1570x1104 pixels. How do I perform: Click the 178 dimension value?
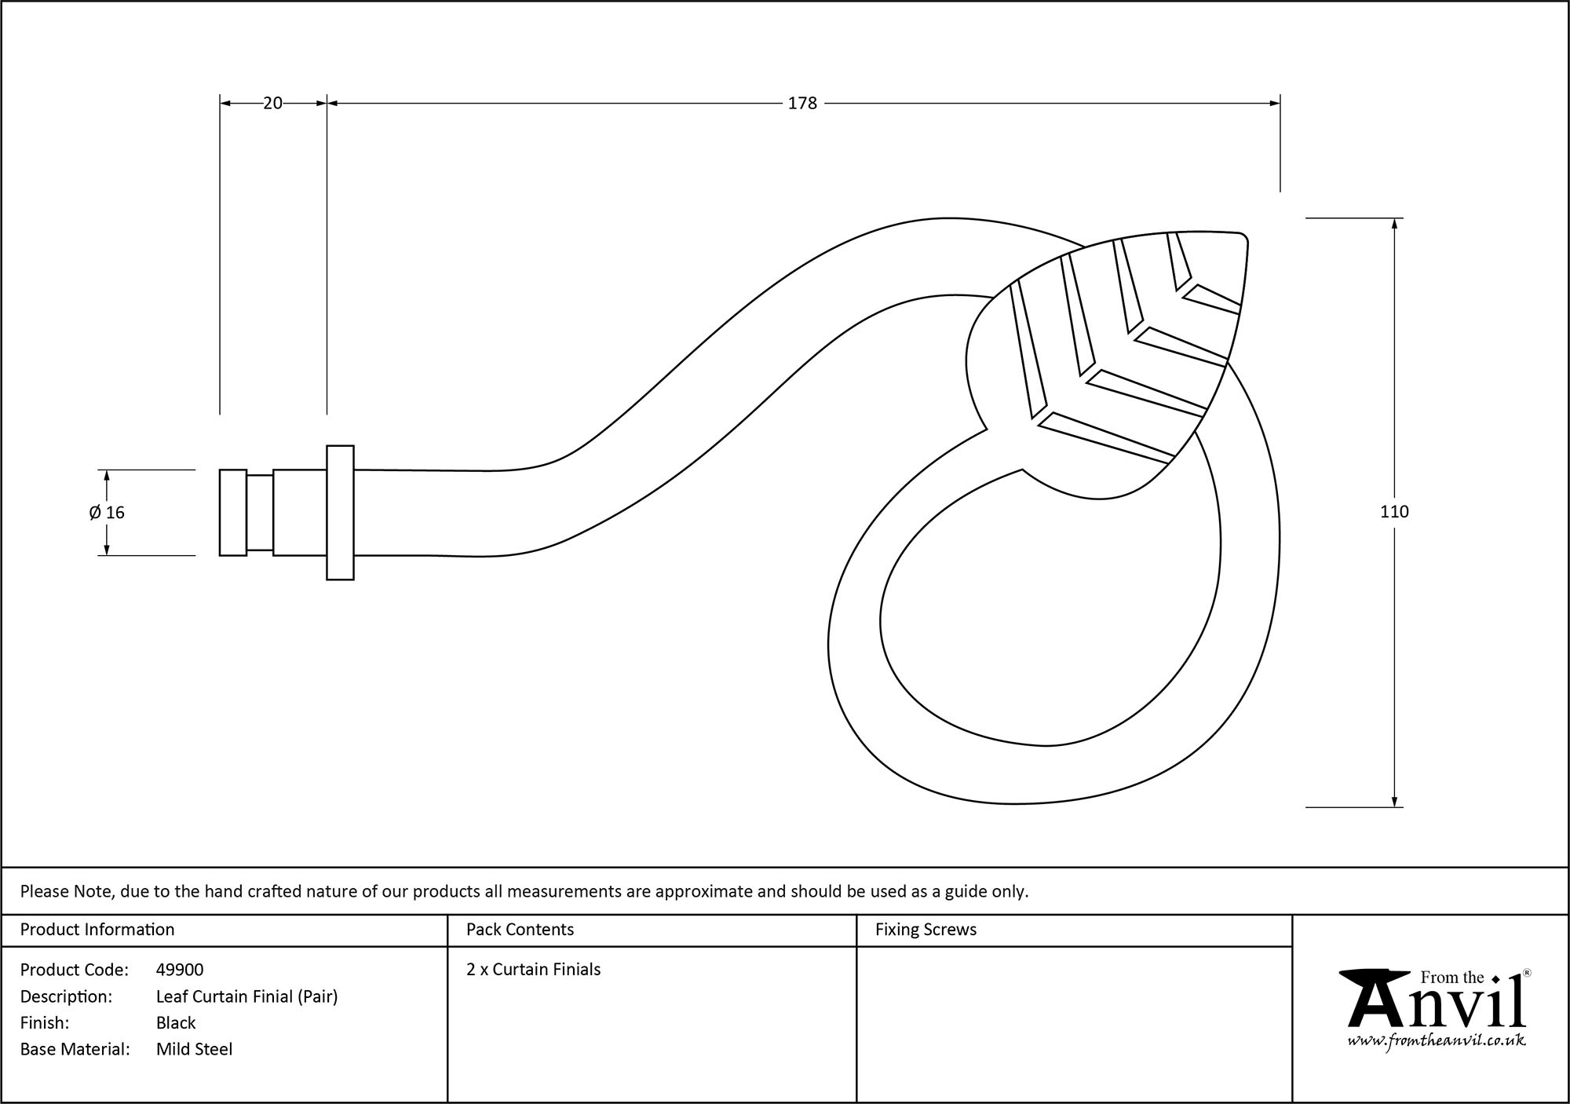(x=802, y=104)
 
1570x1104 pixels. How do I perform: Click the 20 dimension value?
(x=272, y=104)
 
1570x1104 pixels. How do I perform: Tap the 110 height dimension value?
(x=1394, y=512)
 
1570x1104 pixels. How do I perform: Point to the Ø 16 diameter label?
(x=108, y=513)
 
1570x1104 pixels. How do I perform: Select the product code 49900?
(x=180, y=970)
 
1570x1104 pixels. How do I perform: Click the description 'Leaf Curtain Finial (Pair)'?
(x=246, y=996)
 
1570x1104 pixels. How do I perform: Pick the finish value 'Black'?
(x=176, y=1022)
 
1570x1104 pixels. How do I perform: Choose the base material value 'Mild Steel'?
(x=194, y=1049)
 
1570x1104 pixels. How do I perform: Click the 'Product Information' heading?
(x=97, y=930)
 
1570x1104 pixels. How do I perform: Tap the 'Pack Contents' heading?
(x=520, y=930)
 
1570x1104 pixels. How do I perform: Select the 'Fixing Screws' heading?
(x=926, y=930)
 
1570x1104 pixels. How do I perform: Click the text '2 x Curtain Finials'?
(x=533, y=970)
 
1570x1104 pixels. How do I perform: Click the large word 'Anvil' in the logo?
(x=1437, y=1005)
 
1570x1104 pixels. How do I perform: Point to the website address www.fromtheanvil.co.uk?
(x=1437, y=1040)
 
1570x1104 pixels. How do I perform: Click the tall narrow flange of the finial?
(x=340, y=513)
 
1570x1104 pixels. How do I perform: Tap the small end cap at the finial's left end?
(x=233, y=513)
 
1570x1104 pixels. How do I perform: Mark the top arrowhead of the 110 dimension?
(x=1394, y=223)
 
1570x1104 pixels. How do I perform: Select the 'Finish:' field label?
(x=45, y=1022)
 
